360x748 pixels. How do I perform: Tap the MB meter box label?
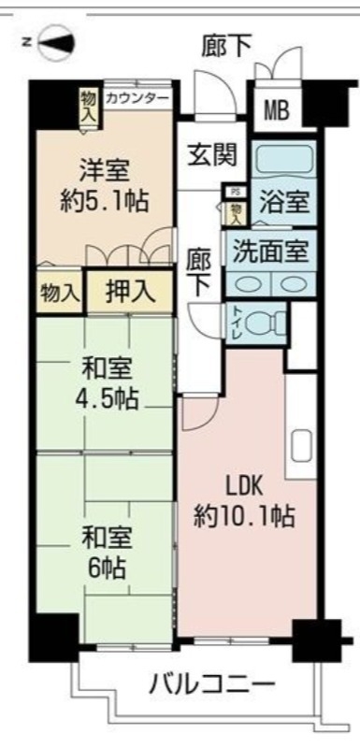click(276, 111)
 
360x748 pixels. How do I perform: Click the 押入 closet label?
click(130, 291)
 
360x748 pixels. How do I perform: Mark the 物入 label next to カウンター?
click(89, 105)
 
